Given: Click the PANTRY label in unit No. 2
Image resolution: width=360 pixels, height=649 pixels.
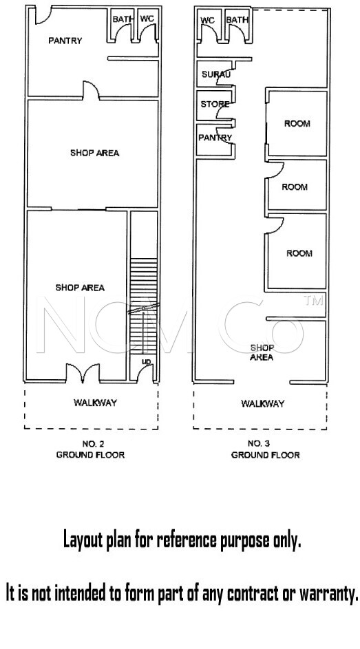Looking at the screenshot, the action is click(x=65, y=41).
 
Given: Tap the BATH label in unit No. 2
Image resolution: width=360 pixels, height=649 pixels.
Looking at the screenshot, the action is click(x=123, y=19).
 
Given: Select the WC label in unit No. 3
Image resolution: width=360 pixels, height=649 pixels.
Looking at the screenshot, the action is click(x=208, y=20).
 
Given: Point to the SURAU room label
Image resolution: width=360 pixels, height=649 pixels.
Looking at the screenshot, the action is click(x=215, y=75).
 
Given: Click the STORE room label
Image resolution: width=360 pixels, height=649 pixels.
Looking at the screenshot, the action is click(x=215, y=105).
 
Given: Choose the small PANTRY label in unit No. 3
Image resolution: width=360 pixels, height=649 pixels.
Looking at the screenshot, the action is click(x=215, y=138).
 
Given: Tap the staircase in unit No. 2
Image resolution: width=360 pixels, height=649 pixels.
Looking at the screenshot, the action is click(x=144, y=306).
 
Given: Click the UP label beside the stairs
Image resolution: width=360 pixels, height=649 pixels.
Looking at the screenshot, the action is click(x=147, y=362).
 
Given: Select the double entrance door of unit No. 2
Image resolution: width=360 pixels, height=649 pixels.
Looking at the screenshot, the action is click(x=83, y=372).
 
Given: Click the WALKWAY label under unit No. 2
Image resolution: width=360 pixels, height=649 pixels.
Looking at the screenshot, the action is click(x=95, y=403).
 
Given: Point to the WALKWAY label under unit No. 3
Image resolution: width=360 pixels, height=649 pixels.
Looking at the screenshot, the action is click(x=263, y=403).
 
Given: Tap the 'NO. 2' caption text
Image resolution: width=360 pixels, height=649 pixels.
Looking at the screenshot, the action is click(x=93, y=444).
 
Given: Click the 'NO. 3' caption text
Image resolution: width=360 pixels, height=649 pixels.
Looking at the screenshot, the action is click(x=259, y=444).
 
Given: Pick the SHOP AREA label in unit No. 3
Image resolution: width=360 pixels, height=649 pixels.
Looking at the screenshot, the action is click(x=262, y=352).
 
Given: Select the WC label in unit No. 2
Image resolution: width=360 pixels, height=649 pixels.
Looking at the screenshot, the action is click(x=147, y=19).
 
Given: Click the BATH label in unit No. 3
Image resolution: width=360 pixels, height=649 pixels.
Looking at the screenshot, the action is click(x=237, y=19).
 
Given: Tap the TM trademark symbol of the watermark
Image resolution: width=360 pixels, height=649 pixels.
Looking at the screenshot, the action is click(x=313, y=301).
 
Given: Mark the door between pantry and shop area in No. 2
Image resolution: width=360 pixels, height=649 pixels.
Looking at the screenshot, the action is click(x=91, y=90).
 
